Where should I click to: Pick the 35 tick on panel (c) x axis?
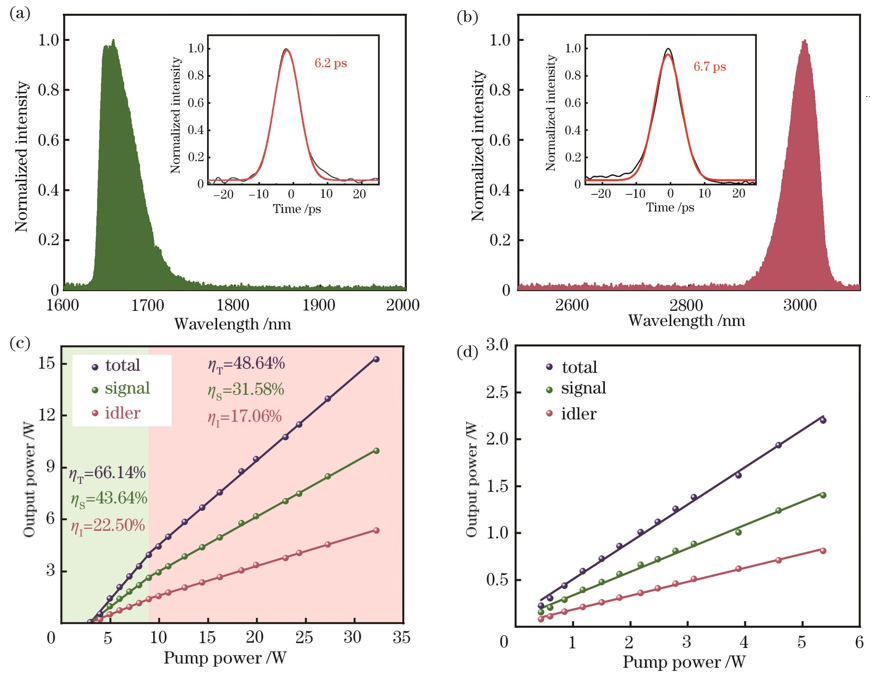pos(402,637)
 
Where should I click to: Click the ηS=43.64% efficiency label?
pos(108,498)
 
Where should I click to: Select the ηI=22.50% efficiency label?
pos(108,524)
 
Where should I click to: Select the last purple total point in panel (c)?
pos(376,359)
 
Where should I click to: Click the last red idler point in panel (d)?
pos(822,550)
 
